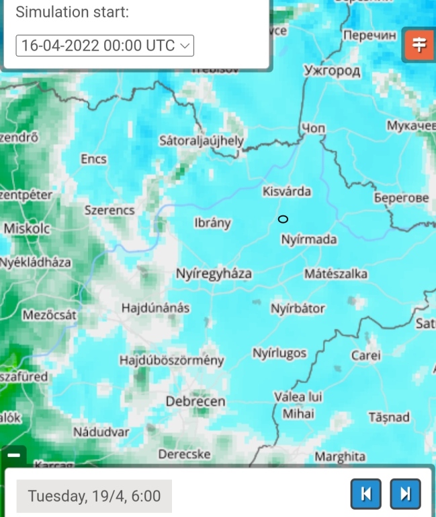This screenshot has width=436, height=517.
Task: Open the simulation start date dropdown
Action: [x=105, y=45]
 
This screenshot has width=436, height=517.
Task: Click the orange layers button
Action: [x=419, y=45]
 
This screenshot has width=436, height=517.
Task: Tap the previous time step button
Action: [x=365, y=494]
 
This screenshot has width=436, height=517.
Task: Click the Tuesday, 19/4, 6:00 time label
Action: [x=94, y=496]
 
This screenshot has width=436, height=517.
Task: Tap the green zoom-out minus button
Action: [x=13, y=456]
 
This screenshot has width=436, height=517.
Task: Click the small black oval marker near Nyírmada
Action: [x=283, y=219]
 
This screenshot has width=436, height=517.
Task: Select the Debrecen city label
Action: [x=195, y=401]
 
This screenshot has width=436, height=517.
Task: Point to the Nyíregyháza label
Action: [x=214, y=273]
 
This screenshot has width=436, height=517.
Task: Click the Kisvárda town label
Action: [x=287, y=191]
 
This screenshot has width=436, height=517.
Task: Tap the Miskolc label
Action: [x=27, y=229]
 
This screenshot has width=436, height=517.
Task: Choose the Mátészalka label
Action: [x=336, y=273]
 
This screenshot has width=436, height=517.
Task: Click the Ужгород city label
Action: [x=332, y=71]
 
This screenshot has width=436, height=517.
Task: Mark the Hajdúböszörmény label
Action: [x=171, y=361]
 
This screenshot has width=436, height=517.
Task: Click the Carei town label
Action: [x=365, y=355]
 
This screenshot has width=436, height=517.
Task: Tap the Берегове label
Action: [x=401, y=198]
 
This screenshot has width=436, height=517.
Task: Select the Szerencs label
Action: [x=110, y=210]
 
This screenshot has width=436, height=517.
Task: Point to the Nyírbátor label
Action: [x=298, y=308]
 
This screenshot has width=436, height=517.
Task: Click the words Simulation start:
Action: [x=72, y=12]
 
